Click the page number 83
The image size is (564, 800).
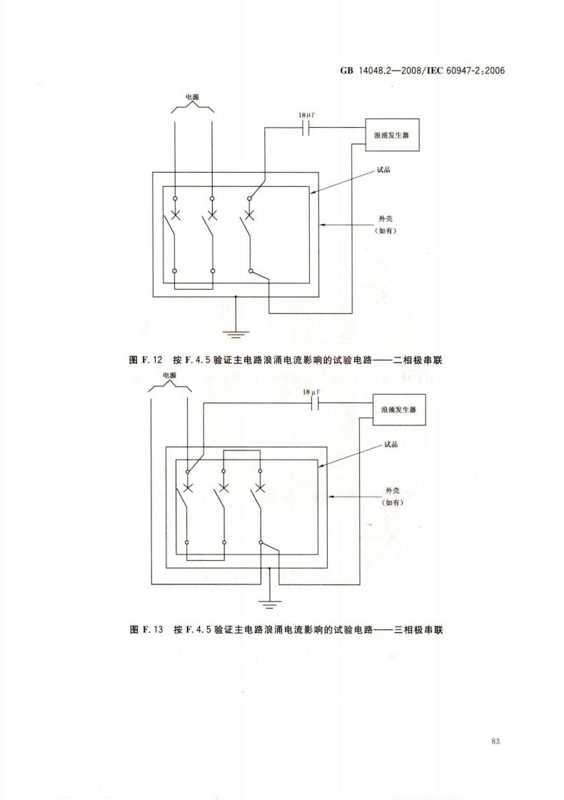495,741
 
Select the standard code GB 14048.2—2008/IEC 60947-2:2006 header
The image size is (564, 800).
422,71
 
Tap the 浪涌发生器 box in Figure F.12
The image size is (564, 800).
391,135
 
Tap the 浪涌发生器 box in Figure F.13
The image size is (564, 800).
398,410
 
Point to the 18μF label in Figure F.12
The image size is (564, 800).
307,116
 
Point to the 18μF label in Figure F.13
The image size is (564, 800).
311,392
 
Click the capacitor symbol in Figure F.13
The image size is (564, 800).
316,405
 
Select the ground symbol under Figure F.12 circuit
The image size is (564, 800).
236,334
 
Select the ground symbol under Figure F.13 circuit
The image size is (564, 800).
269,604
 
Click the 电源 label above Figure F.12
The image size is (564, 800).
193,97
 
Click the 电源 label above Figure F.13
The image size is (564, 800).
169,375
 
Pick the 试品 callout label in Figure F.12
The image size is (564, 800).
383,170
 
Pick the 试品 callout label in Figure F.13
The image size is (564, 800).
391,445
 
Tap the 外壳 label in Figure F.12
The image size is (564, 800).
386,219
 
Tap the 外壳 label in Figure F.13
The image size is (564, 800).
393,491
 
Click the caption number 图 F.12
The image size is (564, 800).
146,360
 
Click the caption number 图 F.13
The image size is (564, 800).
146,629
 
